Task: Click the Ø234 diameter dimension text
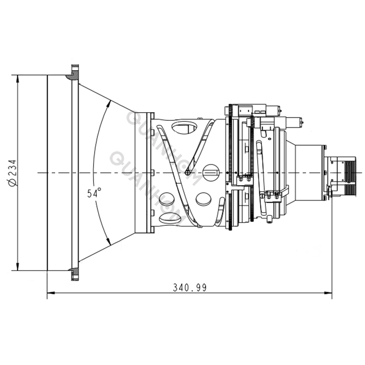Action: coord(12,172)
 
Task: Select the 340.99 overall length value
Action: coord(190,287)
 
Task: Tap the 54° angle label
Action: coord(94,193)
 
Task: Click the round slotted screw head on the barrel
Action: coord(211,172)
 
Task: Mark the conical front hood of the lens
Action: coord(107,172)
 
